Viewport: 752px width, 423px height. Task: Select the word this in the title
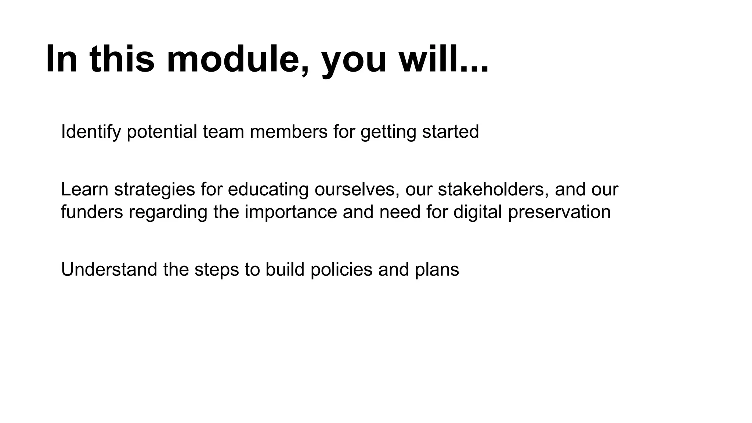click(x=122, y=59)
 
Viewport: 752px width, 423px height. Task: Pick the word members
click(x=288, y=131)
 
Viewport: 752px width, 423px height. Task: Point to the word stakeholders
click(x=493, y=189)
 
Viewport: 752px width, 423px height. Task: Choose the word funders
click(x=92, y=212)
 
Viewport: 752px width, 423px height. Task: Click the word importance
click(x=290, y=212)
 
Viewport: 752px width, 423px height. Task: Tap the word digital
click(x=477, y=212)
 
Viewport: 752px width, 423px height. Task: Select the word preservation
click(x=559, y=212)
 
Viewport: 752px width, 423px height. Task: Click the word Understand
click(x=109, y=270)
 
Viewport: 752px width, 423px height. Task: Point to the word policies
click(x=341, y=270)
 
